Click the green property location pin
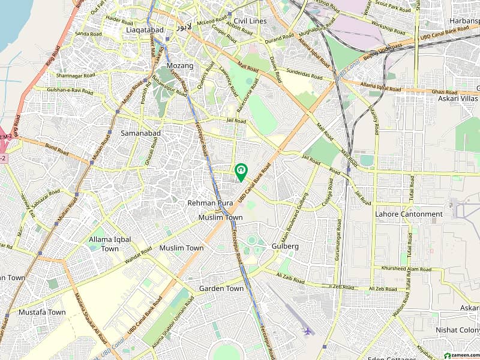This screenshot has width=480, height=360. click(x=241, y=172)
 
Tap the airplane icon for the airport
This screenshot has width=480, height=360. click(x=308, y=331)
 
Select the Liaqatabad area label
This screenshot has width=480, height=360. click(x=143, y=29)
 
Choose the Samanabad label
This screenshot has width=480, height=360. click(x=139, y=133)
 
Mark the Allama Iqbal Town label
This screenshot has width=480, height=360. click(x=110, y=244)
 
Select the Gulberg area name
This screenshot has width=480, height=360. click(x=284, y=246)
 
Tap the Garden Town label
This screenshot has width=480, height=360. click(x=221, y=289)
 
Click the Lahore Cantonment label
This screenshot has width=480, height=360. click(x=409, y=214)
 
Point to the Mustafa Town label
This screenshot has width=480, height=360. click(x=41, y=312)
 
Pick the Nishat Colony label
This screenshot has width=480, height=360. click(x=461, y=329)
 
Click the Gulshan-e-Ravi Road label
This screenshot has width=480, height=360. click(x=64, y=91)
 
